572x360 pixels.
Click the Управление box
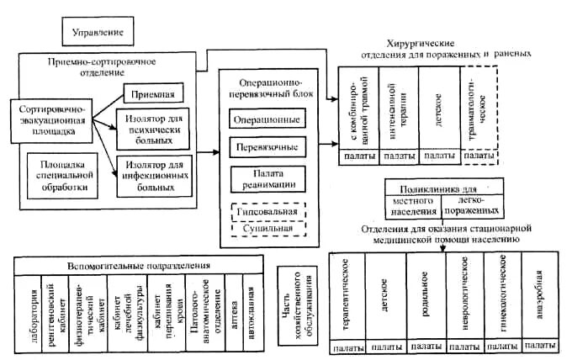(97, 34)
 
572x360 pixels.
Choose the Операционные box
(267, 119)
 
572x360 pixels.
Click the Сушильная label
(267, 229)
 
